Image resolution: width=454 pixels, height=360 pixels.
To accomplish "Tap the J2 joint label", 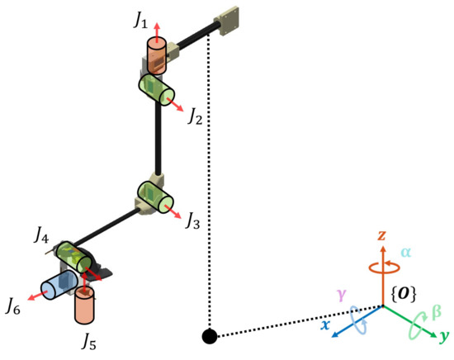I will (x=196, y=117).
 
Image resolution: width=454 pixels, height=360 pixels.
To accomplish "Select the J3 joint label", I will (x=192, y=220).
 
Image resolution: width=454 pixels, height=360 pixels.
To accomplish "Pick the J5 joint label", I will (x=86, y=339).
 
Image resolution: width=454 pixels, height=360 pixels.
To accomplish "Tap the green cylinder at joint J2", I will (x=157, y=88).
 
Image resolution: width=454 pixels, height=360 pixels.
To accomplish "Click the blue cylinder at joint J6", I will (x=58, y=285).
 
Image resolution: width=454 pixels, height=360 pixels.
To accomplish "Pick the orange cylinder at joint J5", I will (x=84, y=306).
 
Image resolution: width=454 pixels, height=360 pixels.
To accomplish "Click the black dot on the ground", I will (x=209, y=336).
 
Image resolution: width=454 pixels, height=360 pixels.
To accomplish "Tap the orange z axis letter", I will (x=382, y=236).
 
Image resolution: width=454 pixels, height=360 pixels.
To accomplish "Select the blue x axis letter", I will (x=326, y=325).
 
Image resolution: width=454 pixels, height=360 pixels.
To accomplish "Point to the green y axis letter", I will (x=444, y=337).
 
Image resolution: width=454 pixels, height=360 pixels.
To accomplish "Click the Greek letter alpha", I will (x=405, y=252).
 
